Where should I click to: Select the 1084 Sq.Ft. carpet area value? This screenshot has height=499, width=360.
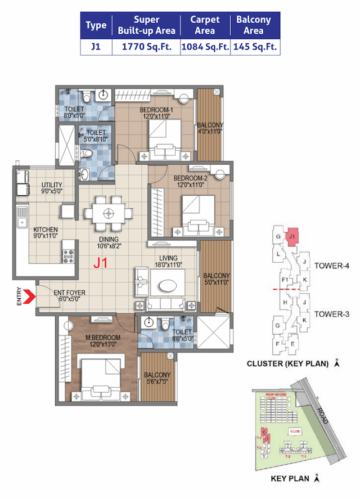(205, 47)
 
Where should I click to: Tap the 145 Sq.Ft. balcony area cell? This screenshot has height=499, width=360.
(255, 47)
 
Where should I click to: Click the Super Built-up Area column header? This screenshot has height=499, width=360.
(147, 25)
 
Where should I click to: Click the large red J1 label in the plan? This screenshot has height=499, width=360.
(101, 262)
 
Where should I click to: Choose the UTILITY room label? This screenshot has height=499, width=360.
(52, 185)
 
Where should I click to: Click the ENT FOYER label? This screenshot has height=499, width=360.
(69, 293)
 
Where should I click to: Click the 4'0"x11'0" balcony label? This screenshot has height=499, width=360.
(209, 128)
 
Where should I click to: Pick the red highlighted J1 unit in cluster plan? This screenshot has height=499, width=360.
(291, 237)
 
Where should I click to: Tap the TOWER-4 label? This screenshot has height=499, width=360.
(332, 265)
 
